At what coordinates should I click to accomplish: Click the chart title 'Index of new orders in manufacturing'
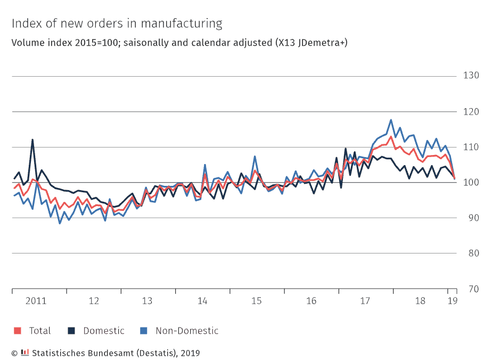[x=117, y=23]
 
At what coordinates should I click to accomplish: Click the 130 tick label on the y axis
[x=471, y=76]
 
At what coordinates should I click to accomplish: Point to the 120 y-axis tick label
[x=471, y=112]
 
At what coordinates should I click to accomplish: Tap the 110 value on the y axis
[x=471, y=147]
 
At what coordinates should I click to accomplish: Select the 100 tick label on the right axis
[x=471, y=183]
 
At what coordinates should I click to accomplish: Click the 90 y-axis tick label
[x=471, y=218]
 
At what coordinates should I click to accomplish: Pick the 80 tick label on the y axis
[x=471, y=253]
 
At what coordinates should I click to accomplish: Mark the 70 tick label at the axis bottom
[x=471, y=289]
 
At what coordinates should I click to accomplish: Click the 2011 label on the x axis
[x=35, y=301]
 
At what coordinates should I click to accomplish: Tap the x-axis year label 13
[x=147, y=301]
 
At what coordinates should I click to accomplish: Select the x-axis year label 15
[x=257, y=301]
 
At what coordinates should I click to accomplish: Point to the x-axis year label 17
[x=365, y=301]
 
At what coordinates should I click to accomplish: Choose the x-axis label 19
[x=452, y=301]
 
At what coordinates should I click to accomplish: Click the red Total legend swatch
[x=17, y=331]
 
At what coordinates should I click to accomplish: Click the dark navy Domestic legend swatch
[x=71, y=331]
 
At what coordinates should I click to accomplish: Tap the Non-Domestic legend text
[x=187, y=331]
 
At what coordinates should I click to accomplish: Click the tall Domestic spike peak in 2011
[x=32, y=140]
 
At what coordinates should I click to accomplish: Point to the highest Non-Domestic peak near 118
[x=391, y=120]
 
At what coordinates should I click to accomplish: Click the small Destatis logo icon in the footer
[x=24, y=352]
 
